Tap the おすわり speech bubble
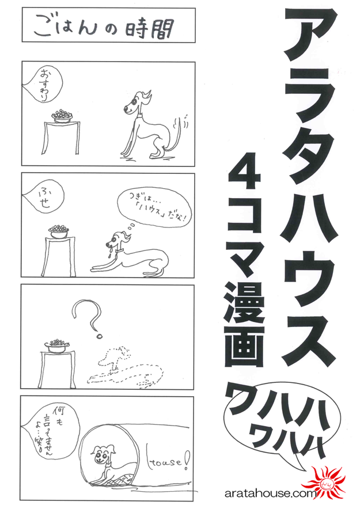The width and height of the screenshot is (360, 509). [42, 86]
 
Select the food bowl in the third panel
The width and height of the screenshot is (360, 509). [58, 344]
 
